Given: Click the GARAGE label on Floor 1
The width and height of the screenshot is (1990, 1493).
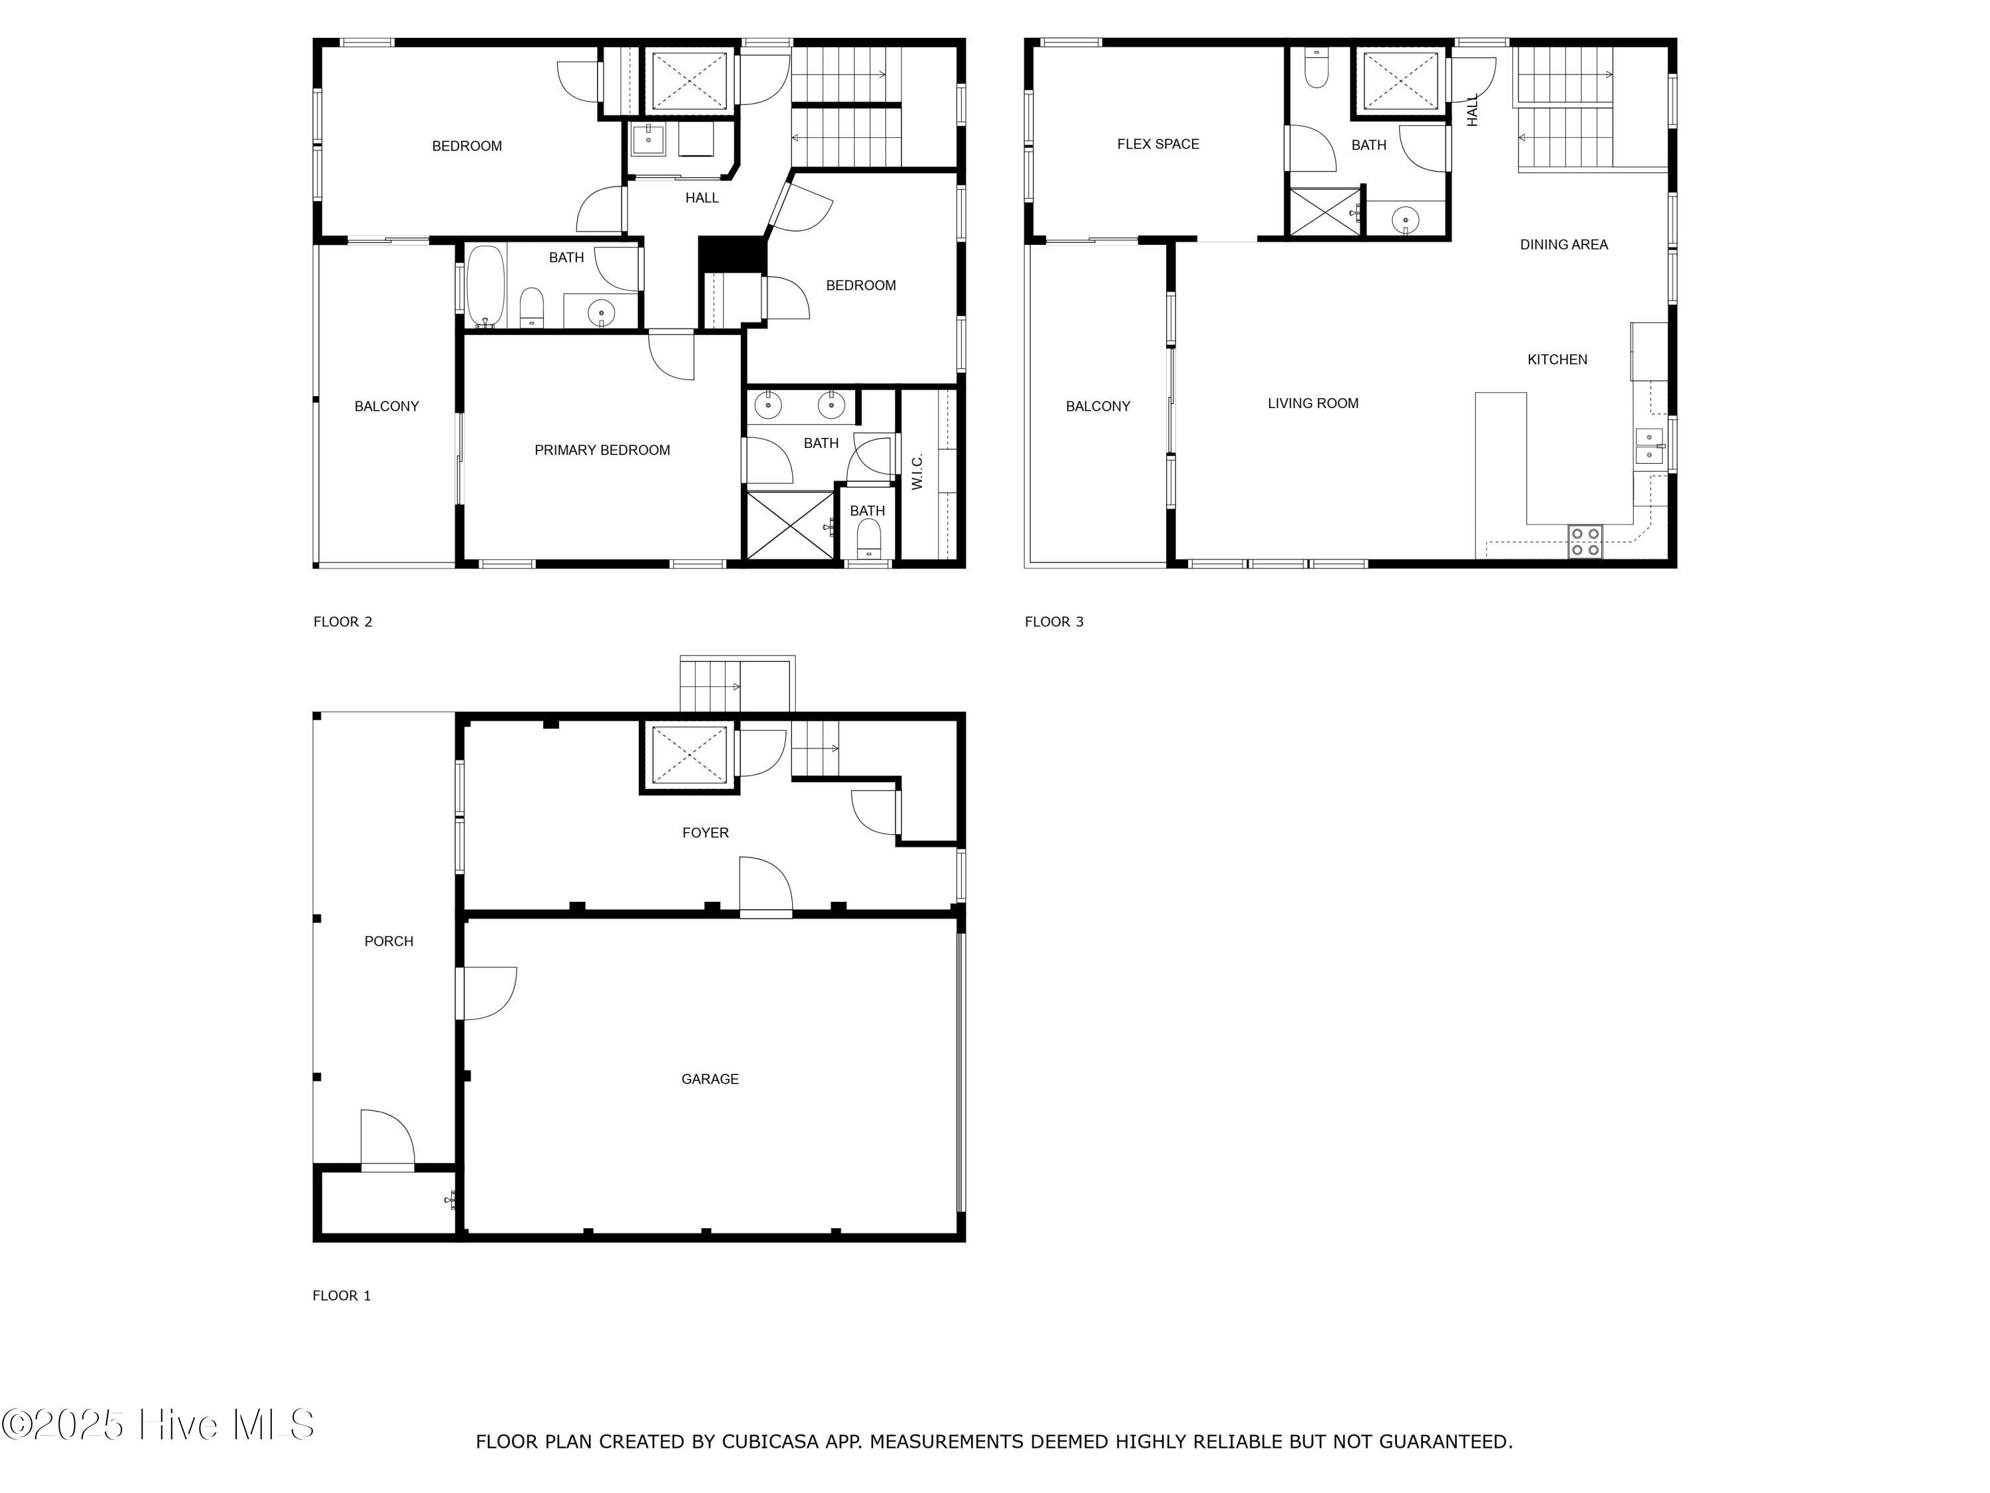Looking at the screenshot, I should coord(710,1079).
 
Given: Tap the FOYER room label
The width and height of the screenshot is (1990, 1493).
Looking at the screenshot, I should coord(705,833).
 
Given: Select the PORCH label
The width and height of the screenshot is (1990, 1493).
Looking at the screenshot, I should coord(389,942).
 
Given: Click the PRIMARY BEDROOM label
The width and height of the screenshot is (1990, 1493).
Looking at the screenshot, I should coord(602,451).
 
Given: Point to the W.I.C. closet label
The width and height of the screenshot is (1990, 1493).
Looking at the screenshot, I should coord(917,472).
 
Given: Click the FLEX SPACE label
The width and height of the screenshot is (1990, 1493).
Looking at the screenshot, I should coord(1158,144).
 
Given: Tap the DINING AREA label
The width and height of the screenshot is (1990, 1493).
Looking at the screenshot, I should coord(1563,245).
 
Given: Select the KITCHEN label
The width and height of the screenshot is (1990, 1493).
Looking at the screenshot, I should coord(1558,360).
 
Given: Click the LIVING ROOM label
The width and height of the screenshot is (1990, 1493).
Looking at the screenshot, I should coord(1313,404).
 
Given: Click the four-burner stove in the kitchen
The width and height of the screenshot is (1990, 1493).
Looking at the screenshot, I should coord(1585,541).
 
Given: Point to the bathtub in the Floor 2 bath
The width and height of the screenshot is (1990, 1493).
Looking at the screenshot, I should coord(485,286).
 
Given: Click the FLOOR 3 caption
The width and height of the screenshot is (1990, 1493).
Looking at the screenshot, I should coord(1053,622).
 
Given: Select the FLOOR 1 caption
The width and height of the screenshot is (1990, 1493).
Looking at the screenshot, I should coord(341,1296).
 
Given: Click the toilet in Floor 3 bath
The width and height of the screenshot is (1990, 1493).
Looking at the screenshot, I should coord(1316,69).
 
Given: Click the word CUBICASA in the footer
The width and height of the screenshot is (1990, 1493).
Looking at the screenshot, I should coord(770,1442).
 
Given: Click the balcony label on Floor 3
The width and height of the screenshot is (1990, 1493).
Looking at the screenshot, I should coord(1098,407).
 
